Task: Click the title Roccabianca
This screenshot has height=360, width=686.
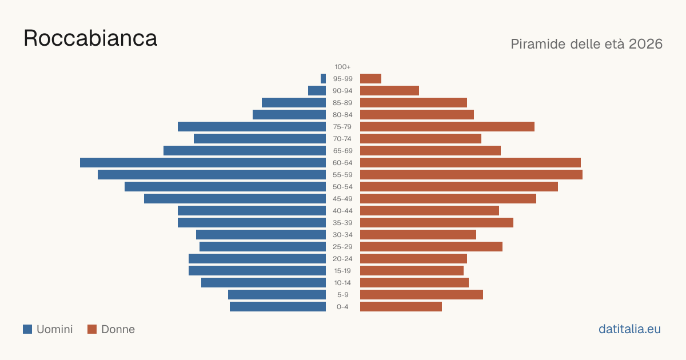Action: click(90, 38)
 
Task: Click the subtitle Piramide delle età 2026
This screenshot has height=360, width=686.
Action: click(587, 44)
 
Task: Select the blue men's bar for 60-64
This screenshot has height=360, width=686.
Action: click(203, 162)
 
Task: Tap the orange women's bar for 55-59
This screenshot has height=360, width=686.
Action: click(471, 174)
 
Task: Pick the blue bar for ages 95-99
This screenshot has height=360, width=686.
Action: click(323, 79)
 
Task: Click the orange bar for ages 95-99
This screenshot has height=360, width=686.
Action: click(370, 79)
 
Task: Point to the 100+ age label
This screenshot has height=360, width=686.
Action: click(342, 67)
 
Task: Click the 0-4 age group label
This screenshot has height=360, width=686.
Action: click(342, 307)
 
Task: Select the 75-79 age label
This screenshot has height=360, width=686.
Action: click(342, 127)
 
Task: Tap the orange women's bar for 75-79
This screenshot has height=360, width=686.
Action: click(447, 127)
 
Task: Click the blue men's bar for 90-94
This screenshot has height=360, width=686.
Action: click(317, 91)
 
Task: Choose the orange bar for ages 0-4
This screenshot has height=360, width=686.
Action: click(401, 307)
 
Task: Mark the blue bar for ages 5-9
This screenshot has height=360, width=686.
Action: click(277, 294)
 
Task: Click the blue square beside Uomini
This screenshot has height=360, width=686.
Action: click(27, 329)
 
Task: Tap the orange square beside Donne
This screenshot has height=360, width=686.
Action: click(92, 329)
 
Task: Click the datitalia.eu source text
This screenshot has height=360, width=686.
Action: click(629, 329)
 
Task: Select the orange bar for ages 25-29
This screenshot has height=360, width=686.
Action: click(431, 247)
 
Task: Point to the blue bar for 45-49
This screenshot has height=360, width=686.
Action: click(235, 199)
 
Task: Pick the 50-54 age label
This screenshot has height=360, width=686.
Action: click(342, 187)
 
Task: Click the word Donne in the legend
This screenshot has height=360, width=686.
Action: click(118, 329)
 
